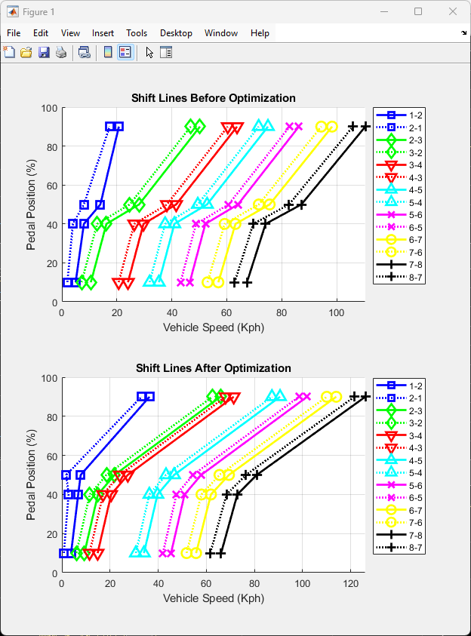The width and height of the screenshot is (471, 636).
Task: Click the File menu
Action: pos(14,33)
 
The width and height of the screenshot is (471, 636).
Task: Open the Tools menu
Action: pos(137,33)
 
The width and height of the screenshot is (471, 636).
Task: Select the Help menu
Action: pos(260,33)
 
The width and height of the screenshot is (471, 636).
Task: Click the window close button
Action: pos(453,11)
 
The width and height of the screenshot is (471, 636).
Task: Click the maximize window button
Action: pos(418,11)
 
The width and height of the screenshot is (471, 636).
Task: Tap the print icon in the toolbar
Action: pos(61,52)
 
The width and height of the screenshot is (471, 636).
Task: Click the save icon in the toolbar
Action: pos(44,52)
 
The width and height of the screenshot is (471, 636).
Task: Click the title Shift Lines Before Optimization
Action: pos(214,98)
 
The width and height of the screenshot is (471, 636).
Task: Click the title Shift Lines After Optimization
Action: pos(214,368)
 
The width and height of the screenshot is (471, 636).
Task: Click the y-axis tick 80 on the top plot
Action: pos(51,146)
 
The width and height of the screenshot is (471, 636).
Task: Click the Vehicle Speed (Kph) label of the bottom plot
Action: pos(214,598)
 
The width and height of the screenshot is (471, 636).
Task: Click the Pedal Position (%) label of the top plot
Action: pos(32,205)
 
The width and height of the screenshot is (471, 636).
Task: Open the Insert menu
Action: pos(103,33)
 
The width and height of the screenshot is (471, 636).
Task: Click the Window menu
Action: pos(221,33)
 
